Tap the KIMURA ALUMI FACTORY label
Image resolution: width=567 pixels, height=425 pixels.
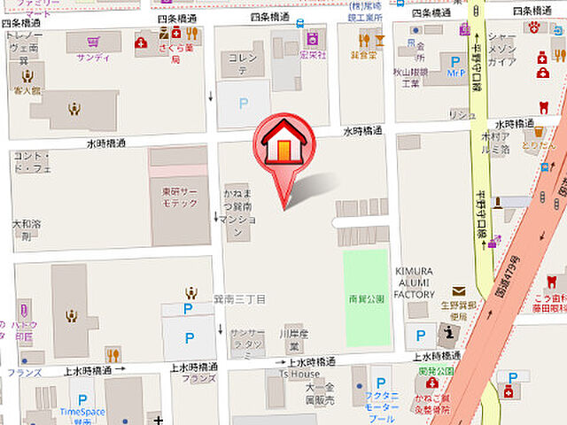tap(415, 282)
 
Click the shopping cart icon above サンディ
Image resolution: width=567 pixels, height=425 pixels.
tap(93, 41)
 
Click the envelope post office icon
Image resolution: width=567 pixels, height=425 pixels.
tap(459, 290)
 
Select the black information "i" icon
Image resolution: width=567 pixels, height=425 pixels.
tap(449, 334)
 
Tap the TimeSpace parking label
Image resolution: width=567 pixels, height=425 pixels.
tap(82, 412)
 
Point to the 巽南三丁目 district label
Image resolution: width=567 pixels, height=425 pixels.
tap(239, 299)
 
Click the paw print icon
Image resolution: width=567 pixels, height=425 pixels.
tap(536, 27)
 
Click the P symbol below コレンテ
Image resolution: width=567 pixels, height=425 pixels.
tap(244, 104)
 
